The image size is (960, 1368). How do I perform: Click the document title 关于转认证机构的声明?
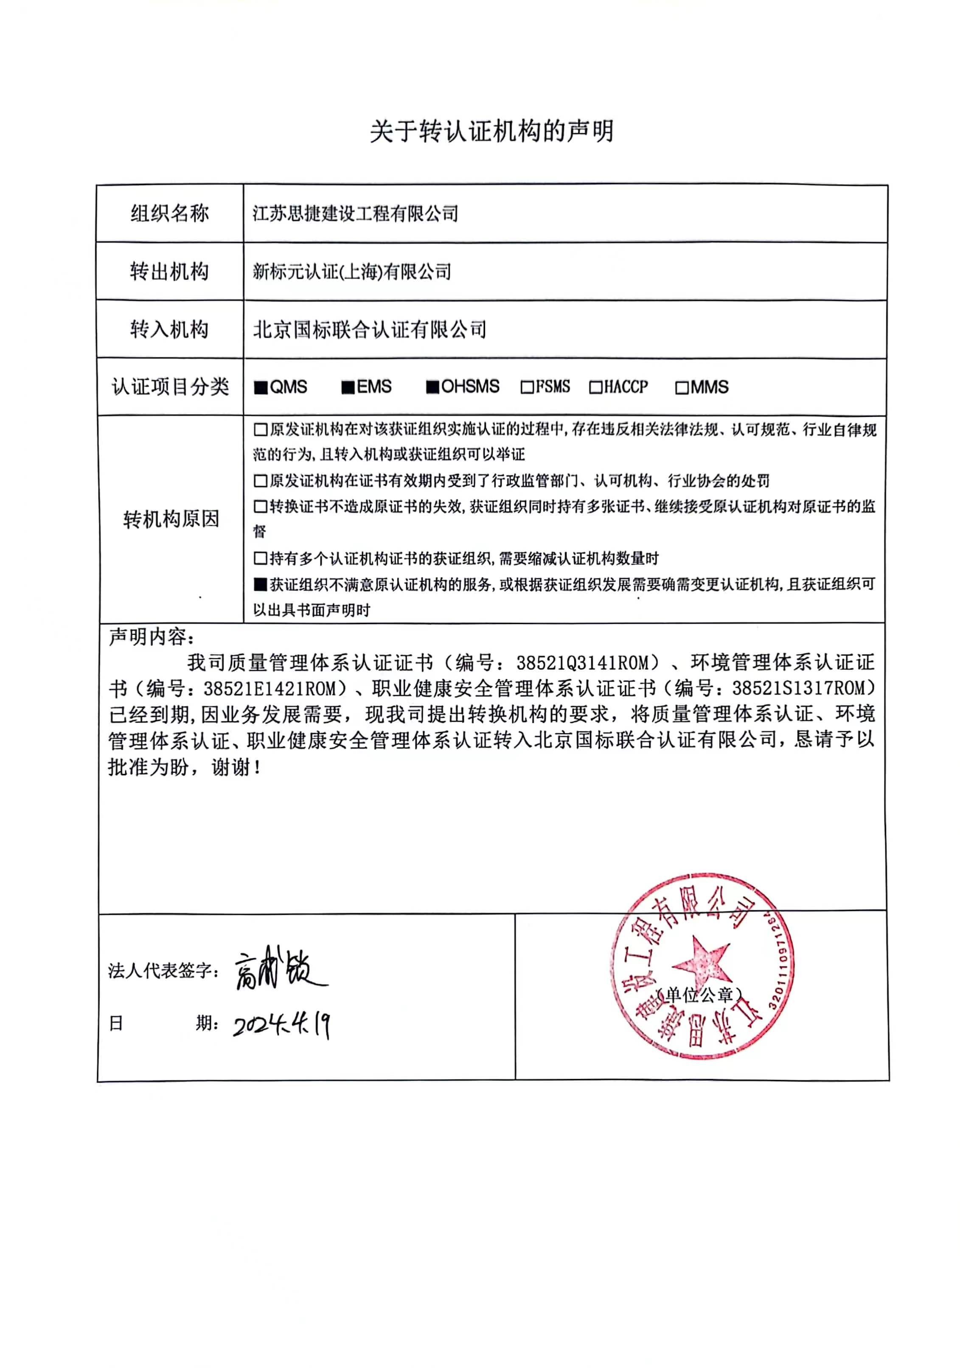pos(491,131)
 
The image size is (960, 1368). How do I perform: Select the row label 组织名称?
pos(170,213)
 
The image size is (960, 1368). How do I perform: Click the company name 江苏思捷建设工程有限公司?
pos(355,213)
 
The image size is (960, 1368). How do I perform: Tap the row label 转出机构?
pos(170,272)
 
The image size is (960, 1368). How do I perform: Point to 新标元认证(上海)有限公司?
pos(351,272)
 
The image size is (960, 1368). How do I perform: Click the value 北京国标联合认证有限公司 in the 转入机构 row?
pos(370,330)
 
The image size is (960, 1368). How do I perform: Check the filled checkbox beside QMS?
pos(261,388)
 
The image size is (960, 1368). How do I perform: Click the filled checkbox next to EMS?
pos(348,388)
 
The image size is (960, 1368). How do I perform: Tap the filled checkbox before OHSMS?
pos(432,387)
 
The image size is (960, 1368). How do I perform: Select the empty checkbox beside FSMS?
pos(527,387)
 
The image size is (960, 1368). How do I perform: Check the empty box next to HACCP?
pos(595,388)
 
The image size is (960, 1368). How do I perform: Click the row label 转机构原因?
pos(171,519)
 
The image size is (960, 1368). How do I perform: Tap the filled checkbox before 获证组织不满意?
pos(261,585)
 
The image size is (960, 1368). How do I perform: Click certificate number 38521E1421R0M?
pos(275,689)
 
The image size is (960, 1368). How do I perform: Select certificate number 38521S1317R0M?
pos(803,688)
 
